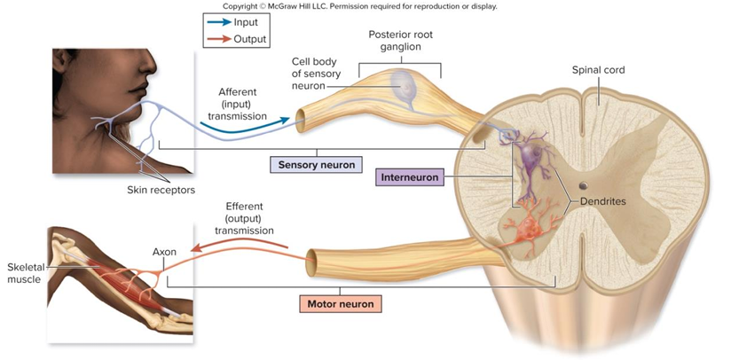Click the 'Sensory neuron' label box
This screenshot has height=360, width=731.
[x=317, y=165]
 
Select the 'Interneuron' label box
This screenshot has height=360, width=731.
[x=409, y=177]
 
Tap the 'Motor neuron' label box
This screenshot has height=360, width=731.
[x=340, y=304]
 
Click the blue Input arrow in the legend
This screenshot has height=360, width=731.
[x=216, y=22]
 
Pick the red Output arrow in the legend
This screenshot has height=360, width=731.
[x=216, y=39]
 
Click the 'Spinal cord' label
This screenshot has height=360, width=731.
[x=599, y=68]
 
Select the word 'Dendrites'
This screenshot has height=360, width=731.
[x=602, y=201]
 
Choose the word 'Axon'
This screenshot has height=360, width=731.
[x=164, y=252]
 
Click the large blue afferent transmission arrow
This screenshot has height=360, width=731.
[x=245, y=128]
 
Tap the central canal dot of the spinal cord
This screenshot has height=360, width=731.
[x=582, y=186]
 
